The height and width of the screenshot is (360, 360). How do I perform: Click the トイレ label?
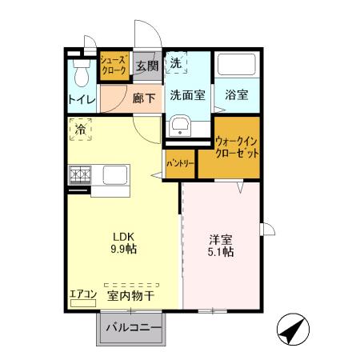click(81, 100)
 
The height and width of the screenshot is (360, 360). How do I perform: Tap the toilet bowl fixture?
click(80, 74)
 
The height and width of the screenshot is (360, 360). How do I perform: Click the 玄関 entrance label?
click(145, 66)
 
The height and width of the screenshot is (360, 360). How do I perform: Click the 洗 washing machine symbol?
click(174, 62)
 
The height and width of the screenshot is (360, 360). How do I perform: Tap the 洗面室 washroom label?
click(187, 94)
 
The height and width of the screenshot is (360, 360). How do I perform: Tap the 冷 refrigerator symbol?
click(80, 128)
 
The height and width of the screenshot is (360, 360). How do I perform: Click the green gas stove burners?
click(80, 174)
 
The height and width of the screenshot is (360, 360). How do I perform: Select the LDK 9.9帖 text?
click(122, 242)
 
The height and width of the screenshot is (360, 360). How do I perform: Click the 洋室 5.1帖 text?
click(221, 246)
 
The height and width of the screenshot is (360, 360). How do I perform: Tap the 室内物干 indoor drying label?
click(130, 295)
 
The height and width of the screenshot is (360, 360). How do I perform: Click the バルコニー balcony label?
click(133, 328)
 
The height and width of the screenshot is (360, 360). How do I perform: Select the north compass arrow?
click(294, 329)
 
